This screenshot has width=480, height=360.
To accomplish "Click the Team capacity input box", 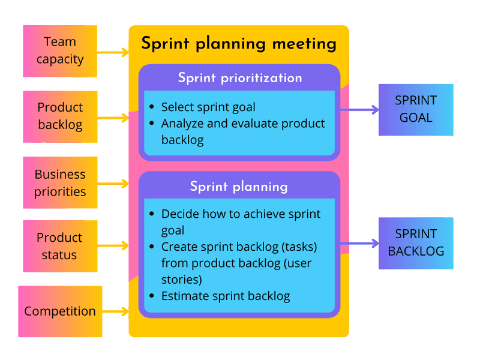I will pos(59,51).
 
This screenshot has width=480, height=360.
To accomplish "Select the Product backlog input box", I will pos(60,116).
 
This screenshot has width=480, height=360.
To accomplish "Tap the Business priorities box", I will pos(60,182).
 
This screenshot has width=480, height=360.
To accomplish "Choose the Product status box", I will pos(59,246).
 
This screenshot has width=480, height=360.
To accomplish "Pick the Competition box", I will pos(60,311).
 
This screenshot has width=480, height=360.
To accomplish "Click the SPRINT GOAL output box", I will pos(415,109).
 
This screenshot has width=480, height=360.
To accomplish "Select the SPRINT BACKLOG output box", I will pos(415,242).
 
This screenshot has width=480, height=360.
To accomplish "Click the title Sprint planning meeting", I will pos(238,44).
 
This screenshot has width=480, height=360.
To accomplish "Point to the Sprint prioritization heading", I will pos(239,78).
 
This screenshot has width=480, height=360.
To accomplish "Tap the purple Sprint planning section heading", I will pos(239,187).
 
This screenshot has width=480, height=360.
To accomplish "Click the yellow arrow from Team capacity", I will pos(113,52).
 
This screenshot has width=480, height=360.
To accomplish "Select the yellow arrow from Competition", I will pos(115,311).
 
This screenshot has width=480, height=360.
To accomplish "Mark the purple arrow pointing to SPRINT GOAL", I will pos(359,110).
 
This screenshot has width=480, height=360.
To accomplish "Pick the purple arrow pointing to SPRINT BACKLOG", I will pos(359,244).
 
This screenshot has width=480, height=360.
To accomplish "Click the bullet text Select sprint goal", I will pos(208,107).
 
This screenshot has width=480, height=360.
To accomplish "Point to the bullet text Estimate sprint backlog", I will pos(226,296).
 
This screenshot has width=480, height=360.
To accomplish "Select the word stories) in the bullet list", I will pos(182,280).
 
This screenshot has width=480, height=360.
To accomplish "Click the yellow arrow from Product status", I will pos(113,245).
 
